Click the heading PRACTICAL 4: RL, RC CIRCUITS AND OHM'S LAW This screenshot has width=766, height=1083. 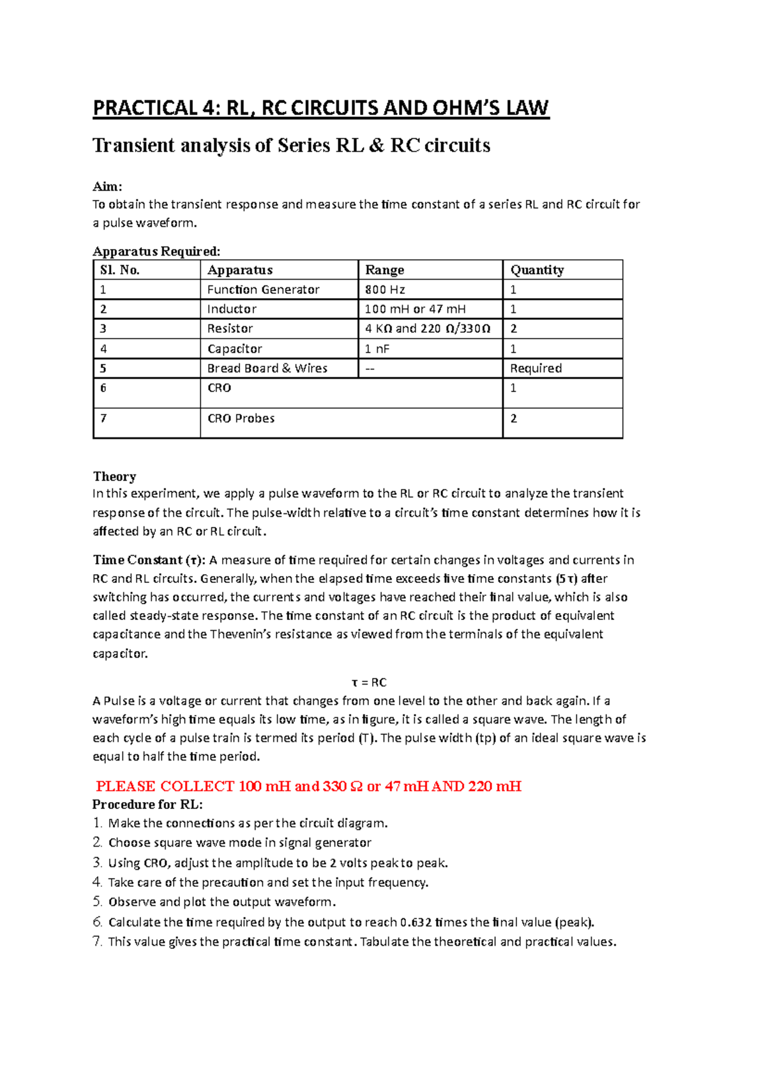320,109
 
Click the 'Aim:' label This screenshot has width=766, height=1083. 107,186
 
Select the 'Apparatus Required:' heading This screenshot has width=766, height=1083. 156,251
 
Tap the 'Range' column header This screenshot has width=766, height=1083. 384,270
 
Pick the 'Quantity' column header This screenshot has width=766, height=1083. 537,270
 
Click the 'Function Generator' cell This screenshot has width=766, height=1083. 263,290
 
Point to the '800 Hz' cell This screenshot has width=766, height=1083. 385,290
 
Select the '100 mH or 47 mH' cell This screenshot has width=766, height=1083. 415,310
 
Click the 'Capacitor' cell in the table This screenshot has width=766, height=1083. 235,349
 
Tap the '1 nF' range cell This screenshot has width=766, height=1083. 377,349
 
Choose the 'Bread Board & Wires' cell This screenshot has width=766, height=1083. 267,368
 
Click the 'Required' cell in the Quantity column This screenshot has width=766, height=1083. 536,368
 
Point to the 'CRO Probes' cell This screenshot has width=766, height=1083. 241,419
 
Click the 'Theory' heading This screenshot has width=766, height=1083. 114,476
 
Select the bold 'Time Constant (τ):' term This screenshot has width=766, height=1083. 149,560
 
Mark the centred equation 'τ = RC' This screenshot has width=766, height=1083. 370,682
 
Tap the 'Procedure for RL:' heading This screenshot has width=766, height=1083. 147,804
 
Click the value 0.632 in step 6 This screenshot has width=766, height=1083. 416,922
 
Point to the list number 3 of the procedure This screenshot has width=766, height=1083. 98,863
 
